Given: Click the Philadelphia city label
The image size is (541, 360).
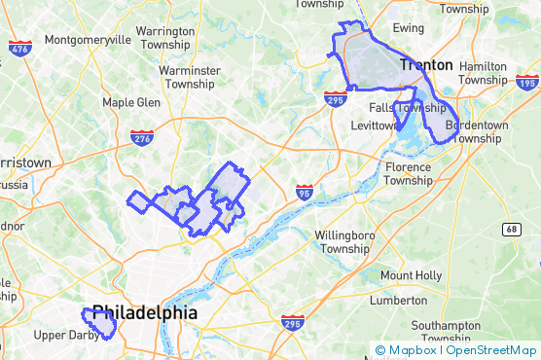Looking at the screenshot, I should pos(144,314).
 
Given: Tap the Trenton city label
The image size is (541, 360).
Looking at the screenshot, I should pos(425,65).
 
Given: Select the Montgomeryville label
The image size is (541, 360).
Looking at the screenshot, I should pos(88,41).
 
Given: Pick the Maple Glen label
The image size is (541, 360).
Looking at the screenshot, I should pos(131,102).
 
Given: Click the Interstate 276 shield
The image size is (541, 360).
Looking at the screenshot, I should pos(141,137).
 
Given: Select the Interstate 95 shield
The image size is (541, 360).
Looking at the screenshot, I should pos(305,191).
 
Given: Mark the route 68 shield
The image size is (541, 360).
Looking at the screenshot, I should pos(513,229).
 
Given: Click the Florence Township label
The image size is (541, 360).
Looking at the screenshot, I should pos(408,173).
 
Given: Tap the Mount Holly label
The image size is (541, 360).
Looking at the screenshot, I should pos(411,275).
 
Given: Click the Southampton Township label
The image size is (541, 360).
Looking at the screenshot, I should pos(453,332).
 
